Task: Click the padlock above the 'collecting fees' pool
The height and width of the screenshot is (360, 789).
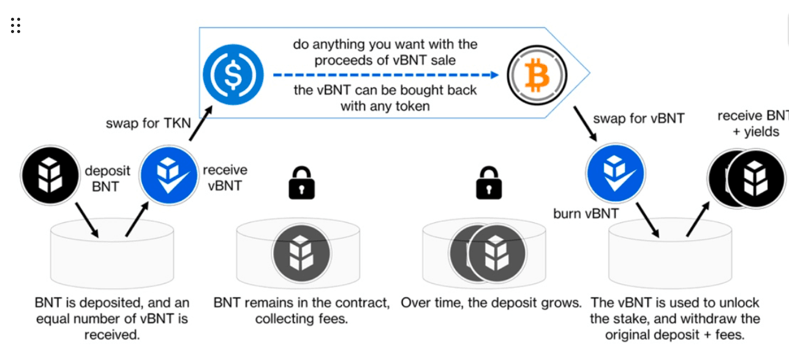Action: coord(301,183)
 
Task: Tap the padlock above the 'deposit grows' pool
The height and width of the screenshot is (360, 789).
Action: coord(488,183)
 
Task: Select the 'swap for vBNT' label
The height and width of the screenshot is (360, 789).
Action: coord(638,118)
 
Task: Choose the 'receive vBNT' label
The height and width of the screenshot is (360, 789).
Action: coord(225,177)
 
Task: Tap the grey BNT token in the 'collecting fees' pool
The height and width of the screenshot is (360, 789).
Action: coord(301,252)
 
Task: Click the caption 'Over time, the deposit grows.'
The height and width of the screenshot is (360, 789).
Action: coord(491,302)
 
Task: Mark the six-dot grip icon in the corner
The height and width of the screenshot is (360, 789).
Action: coord(16,25)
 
